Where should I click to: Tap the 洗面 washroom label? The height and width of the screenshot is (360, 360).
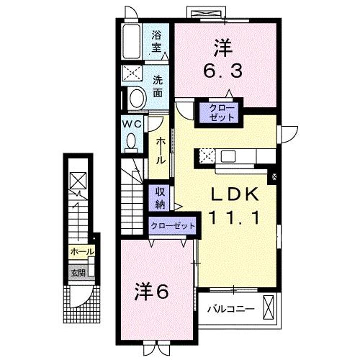pos(158,86)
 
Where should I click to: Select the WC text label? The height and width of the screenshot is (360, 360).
pos(132,123)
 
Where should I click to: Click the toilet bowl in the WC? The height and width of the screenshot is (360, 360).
pos(131,142)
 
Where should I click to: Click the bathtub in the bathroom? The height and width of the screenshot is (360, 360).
pos(133,42)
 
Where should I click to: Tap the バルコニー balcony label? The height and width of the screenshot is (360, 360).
pos(231,309)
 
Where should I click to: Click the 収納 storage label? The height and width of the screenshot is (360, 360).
pos(159,197)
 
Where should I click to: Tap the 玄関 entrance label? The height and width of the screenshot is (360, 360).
pos(78,273)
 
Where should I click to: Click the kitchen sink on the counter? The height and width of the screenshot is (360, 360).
pos(229,156)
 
